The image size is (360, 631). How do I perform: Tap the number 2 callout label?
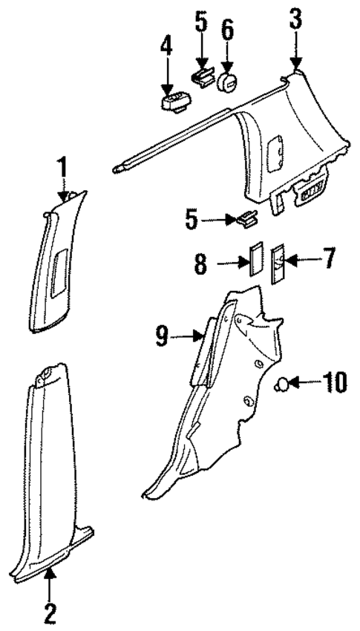click(x=50, y=614)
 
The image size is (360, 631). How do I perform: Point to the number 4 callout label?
click(x=166, y=47)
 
